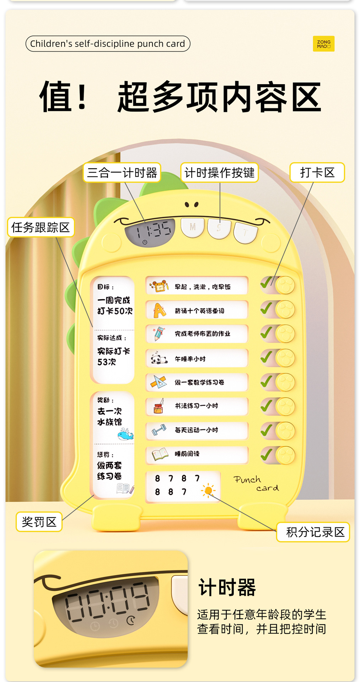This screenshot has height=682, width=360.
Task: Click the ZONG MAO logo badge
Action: (323, 44)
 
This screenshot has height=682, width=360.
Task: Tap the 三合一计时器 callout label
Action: (122, 173)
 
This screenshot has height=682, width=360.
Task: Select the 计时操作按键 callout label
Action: (219, 173)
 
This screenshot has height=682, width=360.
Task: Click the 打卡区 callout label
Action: (317, 173)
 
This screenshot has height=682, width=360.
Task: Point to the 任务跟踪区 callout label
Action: (41, 227)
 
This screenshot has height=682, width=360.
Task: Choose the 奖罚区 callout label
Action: (39, 522)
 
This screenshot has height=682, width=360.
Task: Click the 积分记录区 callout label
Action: (313, 532)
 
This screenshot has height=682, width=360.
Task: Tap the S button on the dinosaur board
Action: (219, 228)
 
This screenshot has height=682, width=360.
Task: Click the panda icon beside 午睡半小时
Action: (158, 359)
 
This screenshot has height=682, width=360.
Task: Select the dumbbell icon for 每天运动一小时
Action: (159, 430)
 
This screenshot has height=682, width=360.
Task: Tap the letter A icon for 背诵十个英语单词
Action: (159, 310)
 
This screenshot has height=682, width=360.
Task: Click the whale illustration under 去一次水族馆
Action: (125, 434)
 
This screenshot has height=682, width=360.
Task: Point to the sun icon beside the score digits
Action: (209, 491)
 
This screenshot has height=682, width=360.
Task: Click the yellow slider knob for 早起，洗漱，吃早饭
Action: (285, 285)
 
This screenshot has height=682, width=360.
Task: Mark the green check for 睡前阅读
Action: (267, 454)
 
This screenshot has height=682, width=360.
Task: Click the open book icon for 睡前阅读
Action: (160, 454)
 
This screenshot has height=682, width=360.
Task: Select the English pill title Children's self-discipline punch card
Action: (108, 44)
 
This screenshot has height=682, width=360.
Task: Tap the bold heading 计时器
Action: (227, 587)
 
